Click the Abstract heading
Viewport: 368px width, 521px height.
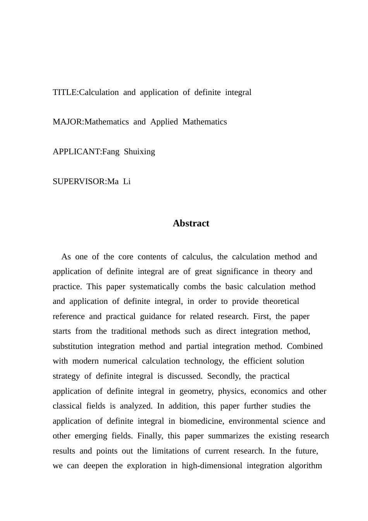pyautogui.click(x=191, y=223)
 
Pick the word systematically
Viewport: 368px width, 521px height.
pyautogui.click(x=154, y=286)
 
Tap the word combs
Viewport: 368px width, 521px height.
pyautogui.click(x=194, y=286)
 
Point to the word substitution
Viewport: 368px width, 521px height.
pyautogui.click(x=73, y=346)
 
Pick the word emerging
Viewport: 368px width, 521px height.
pyautogui.click(x=91, y=436)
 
